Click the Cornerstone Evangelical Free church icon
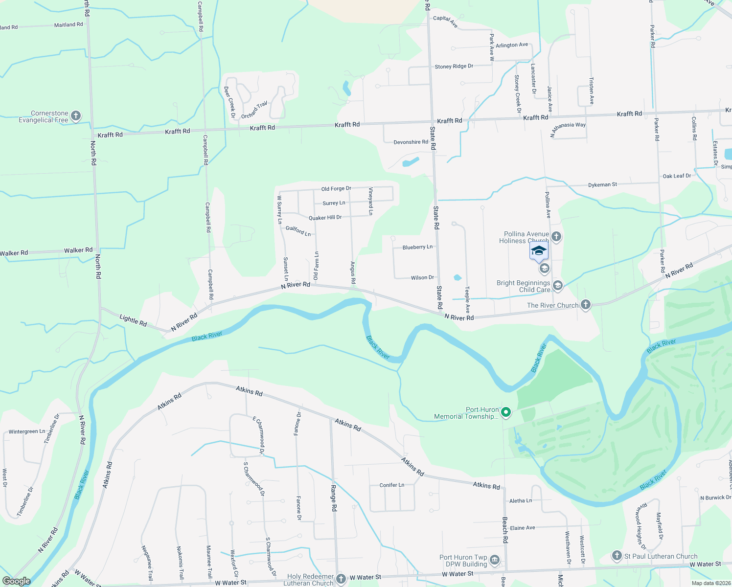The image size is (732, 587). pos(75,116)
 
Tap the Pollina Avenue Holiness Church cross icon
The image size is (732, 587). pos(556,237)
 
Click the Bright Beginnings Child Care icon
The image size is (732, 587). pos(557,285)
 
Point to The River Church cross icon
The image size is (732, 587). pos(585,305)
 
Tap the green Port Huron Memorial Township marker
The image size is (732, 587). pos(506,413)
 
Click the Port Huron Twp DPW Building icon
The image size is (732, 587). pos(494,560)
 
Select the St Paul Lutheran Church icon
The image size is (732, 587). pos(617,556)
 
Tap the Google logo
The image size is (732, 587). pos(17,581)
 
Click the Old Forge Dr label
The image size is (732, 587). pos(336,189)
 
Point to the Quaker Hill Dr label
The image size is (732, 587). pos(325,217)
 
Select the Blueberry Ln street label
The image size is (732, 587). pos(417,247)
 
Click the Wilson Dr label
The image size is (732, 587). pos(422,277)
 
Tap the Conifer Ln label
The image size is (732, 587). pos(392,485)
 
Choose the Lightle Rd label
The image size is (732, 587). pos(133,320)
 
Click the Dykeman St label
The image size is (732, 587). pos(602,184)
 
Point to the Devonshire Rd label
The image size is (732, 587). pos(411,142)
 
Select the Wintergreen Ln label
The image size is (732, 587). pos(27,431)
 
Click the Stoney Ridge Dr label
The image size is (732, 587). pos(454,66)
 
